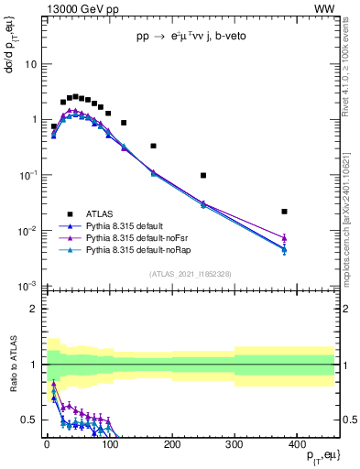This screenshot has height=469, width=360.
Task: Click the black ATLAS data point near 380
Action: tap(285, 212)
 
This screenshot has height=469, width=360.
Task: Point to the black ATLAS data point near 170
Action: tap(153, 146)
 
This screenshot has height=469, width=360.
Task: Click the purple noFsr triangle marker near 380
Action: tap(285, 238)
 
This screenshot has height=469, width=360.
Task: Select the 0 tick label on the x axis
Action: tap(47, 443)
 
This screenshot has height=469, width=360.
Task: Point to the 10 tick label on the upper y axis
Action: tap(30, 64)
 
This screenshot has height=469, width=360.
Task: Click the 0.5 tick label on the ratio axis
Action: tap(29, 420)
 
